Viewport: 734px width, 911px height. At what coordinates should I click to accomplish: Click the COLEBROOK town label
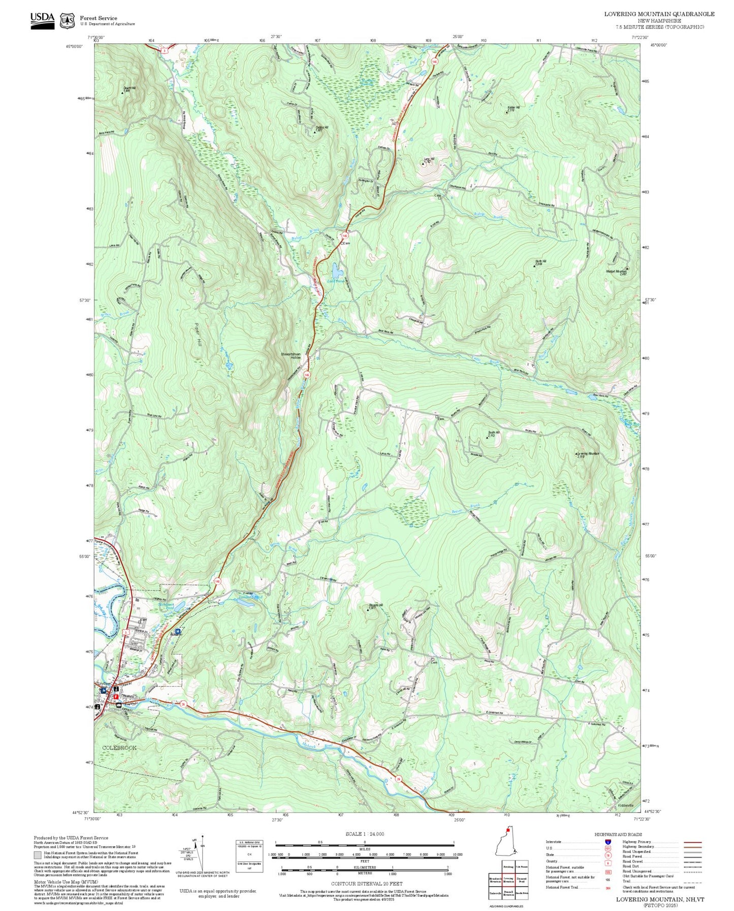pyautogui.click(x=119, y=748)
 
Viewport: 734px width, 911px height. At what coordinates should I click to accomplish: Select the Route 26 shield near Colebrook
pyautogui.click(x=183, y=704)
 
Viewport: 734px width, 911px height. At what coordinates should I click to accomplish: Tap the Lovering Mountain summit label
pyautogui.click(x=588, y=454)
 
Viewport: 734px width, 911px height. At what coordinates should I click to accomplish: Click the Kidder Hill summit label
pyautogui.click(x=513, y=108)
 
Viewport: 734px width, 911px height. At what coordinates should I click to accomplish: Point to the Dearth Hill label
pyautogui.click(x=130, y=89)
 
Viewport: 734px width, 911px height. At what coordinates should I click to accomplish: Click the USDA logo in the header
pyautogui.click(x=42, y=20)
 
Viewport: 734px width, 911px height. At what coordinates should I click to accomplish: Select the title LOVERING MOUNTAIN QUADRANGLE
pyautogui.click(x=659, y=14)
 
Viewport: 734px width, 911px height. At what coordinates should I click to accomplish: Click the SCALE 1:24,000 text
pyautogui.click(x=365, y=834)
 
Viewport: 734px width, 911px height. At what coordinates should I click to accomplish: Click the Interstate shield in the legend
pyautogui.click(x=608, y=842)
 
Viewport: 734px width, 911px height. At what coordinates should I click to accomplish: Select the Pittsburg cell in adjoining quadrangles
pyautogui.click(x=508, y=867)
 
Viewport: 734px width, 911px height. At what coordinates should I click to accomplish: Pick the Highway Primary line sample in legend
pyautogui.click(x=692, y=842)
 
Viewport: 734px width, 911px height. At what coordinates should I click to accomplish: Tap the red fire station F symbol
pyautogui.click(x=115, y=696)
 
